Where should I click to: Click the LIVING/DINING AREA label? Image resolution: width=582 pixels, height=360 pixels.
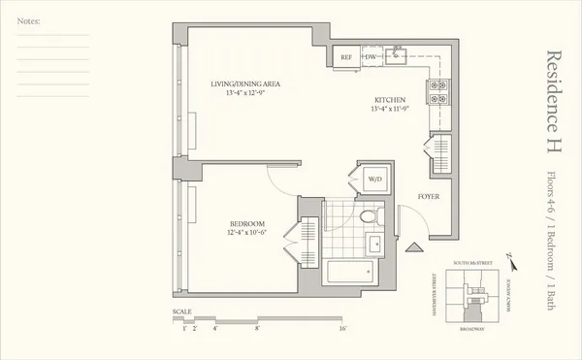245,84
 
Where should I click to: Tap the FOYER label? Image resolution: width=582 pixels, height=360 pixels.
430,196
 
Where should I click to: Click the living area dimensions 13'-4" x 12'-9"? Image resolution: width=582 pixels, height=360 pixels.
245,95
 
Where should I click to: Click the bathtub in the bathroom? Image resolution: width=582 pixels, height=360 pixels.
351,272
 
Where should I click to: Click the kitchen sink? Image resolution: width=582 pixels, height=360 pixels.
398,56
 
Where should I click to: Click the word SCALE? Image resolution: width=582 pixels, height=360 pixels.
182,312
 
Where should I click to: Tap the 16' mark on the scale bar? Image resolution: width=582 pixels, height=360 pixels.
343,330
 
